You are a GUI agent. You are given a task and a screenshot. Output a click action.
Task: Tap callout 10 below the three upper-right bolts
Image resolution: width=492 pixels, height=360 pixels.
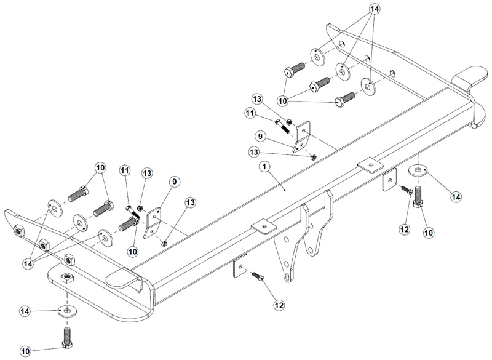284,100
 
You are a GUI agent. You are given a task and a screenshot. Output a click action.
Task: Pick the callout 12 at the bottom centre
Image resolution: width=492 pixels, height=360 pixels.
279,304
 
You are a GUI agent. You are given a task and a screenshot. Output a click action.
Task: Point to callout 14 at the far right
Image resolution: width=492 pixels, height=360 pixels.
456,197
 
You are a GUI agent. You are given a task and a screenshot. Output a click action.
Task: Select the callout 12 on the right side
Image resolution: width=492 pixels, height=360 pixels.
403,229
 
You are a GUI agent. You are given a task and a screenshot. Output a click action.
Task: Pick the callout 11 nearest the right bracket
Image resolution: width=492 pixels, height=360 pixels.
250,113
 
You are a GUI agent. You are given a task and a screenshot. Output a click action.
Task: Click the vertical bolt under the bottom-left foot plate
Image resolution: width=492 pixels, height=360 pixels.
66,337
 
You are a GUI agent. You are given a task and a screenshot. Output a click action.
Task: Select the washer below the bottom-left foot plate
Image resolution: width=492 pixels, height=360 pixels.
66,310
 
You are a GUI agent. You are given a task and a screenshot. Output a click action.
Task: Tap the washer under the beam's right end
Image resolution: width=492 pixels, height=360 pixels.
419,169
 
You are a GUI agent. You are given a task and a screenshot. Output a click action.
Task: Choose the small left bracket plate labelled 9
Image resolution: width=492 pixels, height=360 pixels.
152,222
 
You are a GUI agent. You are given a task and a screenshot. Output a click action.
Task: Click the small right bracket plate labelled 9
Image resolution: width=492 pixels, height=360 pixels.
302,137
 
